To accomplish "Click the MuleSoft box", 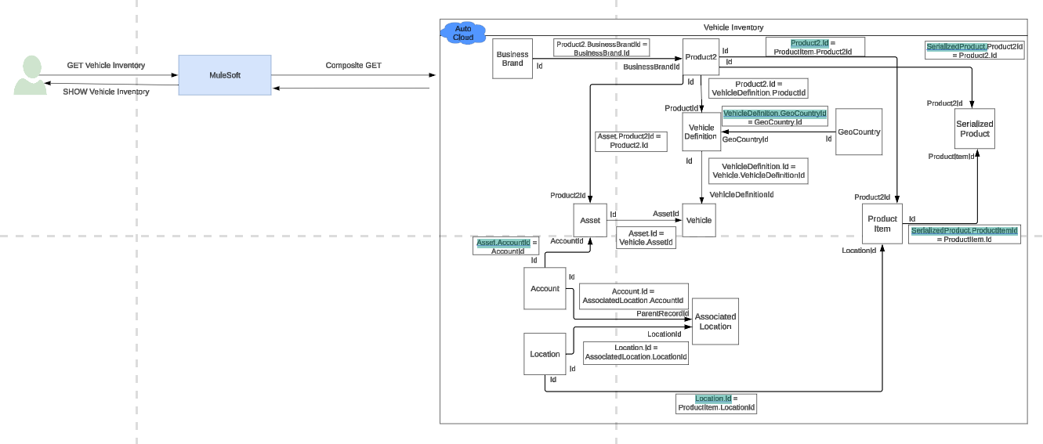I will [224, 75].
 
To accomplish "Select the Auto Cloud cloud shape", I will [463, 33].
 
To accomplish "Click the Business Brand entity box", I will [512, 59].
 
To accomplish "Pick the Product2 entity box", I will [701, 57].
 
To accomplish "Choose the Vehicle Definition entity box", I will [701, 132].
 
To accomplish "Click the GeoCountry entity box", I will [859, 132].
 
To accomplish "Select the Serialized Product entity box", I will [975, 129].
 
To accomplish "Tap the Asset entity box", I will [590, 220].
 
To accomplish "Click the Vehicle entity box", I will [699, 220].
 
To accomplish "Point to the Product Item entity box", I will [882, 224].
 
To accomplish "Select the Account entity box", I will [545, 288].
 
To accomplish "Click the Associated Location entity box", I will [715, 321].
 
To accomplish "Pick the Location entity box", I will [545, 354].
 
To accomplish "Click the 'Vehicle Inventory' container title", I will [733, 27].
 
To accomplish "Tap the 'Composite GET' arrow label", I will [353, 66].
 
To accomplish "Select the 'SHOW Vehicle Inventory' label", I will [106, 92].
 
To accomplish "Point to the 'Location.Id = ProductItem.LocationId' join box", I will [716, 403].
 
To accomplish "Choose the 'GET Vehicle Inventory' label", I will [106, 66].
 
